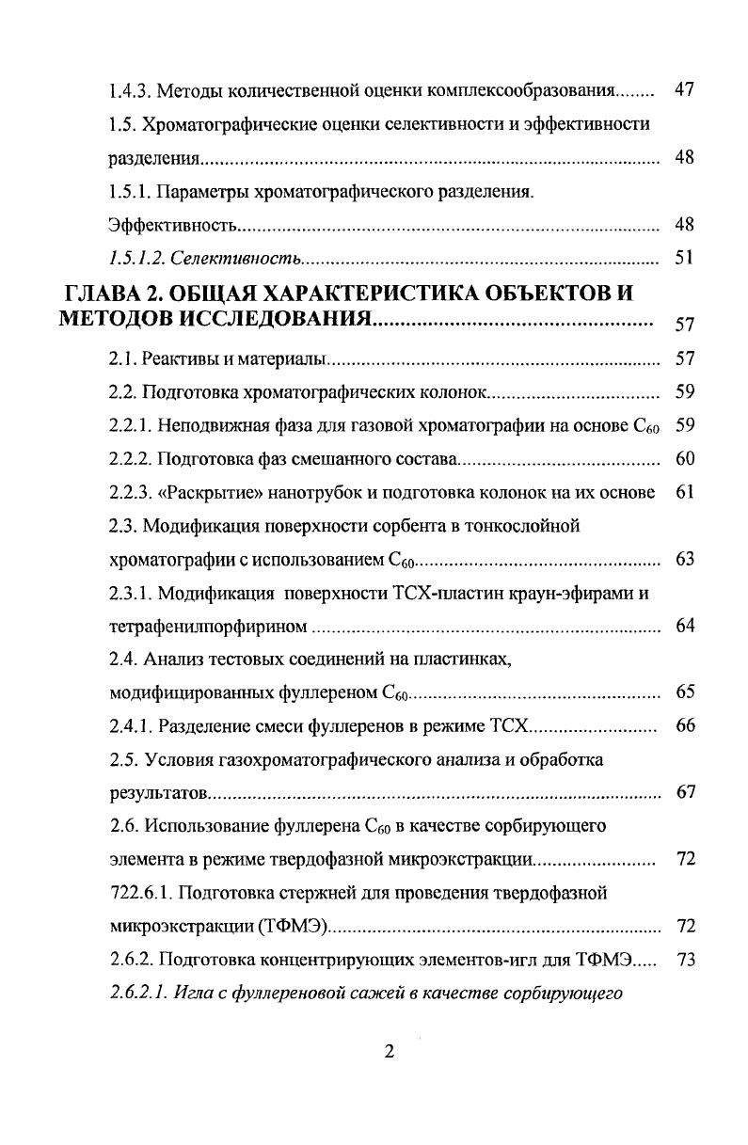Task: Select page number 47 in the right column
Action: click(x=684, y=91)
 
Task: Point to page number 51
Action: click(x=684, y=259)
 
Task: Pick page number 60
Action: click(x=684, y=459)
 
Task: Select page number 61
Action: click(x=684, y=492)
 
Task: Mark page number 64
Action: click(x=684, y=626)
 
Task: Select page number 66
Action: click(x=684, y=725)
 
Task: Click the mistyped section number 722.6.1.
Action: click(x=138, y=892)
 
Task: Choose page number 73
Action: click(x=684, y=959)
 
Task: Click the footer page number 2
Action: click(x=389, y=1052)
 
